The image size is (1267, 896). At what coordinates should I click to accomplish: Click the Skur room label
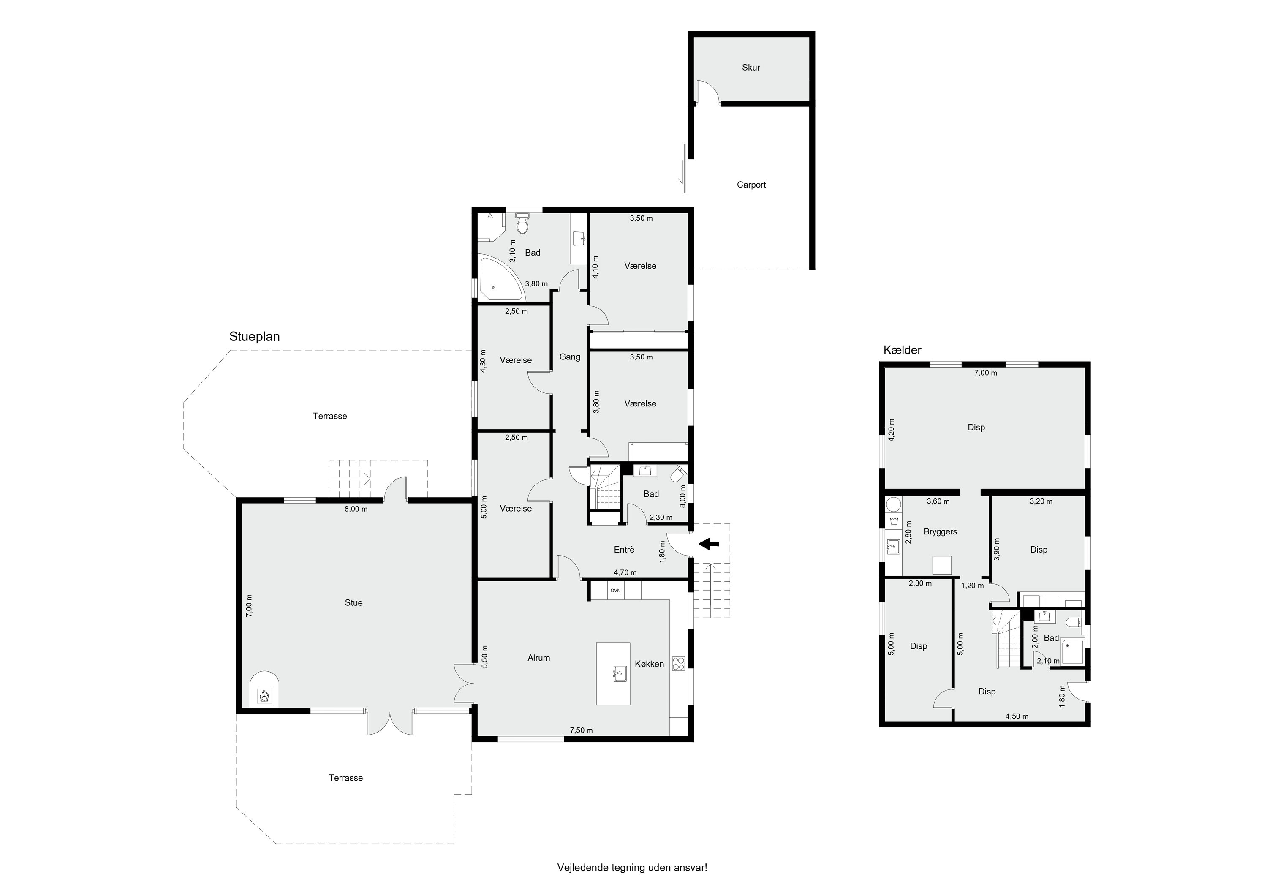[x=751, y=67]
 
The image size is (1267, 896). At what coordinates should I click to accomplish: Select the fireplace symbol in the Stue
[x=264, y=696]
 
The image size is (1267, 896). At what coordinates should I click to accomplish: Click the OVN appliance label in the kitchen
[x=615, y=591]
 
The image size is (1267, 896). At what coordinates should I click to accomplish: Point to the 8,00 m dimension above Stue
[x=356, y=509]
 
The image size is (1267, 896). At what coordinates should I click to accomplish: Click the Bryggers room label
[x=940, y=531]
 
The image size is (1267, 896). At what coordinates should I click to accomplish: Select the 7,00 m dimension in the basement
[x=986, y=373]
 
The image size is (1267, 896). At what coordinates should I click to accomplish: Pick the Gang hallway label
[x=569, y=357]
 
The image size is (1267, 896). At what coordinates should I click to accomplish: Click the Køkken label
[x=650, y=664]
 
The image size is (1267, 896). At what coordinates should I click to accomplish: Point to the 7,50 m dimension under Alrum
[x=581, y=730]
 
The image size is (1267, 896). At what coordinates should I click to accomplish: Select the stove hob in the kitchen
[x=678, y=663]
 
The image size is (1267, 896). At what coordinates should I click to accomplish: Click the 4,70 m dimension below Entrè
[x=625, y=572]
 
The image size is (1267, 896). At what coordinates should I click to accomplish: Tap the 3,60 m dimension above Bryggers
[x=938, y=501]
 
